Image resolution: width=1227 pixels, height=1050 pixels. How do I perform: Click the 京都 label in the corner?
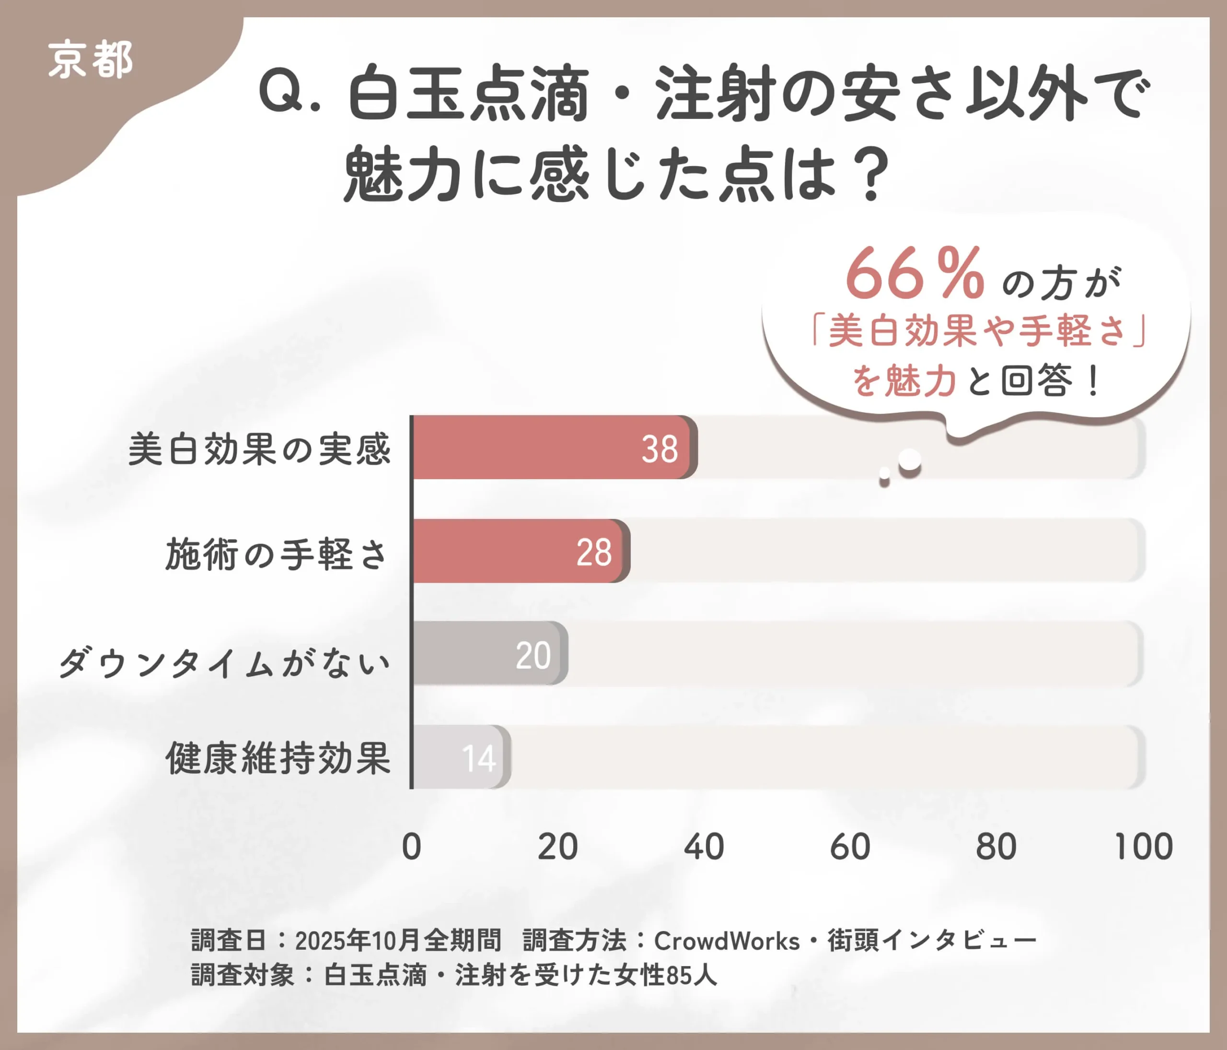click(90, 60)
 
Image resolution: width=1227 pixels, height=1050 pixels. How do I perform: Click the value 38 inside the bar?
click(660, 449)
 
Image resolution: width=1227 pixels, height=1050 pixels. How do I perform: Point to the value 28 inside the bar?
click(594, 553)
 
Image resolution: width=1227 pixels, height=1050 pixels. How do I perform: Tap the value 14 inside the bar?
click(478, 758)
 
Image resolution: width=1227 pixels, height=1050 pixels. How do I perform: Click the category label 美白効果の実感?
click(259, 449)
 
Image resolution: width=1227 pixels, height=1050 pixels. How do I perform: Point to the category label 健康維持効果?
click(278, 758)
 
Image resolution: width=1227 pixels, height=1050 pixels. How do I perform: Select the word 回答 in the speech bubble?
click(1036, 380)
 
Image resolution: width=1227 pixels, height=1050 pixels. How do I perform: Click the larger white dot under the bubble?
click(909, 460)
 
